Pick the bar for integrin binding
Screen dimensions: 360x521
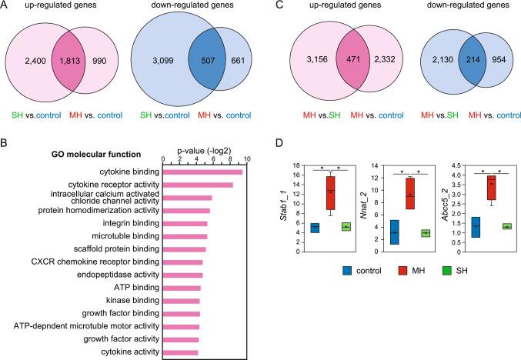point(185,224)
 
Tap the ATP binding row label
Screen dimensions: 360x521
point(129,288)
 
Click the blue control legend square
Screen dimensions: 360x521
point(326,271)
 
